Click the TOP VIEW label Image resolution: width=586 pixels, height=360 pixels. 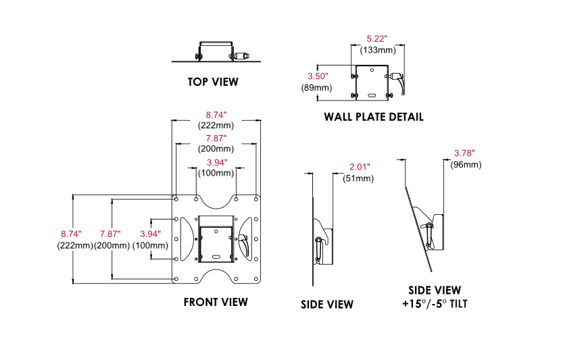coord(213,82)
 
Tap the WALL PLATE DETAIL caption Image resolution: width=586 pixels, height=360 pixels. coord(373,117)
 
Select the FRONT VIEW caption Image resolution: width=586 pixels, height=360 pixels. coord(216,302)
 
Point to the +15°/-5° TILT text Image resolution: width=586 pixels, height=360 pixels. coord(435,303)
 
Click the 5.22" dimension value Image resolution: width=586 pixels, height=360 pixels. coord(377,39)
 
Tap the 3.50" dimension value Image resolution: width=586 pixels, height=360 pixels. coord(317,76)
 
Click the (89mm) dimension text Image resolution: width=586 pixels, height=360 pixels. coord(316,88)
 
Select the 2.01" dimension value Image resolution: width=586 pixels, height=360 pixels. coord(358,167)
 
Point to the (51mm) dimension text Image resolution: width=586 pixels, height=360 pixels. coord(358,178)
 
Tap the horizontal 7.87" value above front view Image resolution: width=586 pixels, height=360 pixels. coord(216,138)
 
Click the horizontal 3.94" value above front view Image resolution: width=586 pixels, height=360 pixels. coord(216,163)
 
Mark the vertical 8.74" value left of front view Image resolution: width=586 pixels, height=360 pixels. coord(74,234)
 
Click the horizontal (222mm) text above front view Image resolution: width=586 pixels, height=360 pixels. coord(216,126)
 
